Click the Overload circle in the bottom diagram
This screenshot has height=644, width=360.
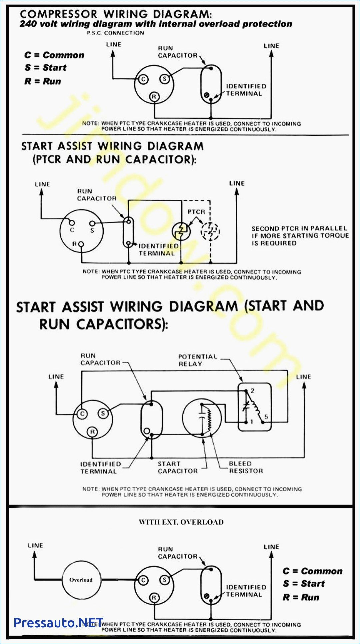pos(81,580)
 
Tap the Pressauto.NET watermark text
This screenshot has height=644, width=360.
pos(59,622)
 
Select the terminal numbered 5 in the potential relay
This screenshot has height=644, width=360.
pos(263,422)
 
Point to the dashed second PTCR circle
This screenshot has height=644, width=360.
pos(210,231)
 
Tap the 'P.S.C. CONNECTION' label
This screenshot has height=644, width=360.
pos(116,33)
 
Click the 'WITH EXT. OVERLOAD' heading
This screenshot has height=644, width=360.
pos(181,522)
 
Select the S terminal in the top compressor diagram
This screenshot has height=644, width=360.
pos(164,79)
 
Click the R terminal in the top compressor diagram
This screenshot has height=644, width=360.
pos(154,97)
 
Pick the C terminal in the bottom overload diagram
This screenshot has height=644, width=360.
pos(143,580)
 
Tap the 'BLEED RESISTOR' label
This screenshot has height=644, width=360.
pos(246,467)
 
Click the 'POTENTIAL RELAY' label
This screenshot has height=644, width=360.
pos(197,360)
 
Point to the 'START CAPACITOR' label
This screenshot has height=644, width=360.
pos(177,467)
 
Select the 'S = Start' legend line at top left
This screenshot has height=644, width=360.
pos(45,68)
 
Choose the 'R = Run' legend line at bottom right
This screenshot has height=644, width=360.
pos(301,597)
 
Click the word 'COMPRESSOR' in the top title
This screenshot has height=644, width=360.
pos(58,14)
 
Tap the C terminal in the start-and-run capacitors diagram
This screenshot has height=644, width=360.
pos(82,414)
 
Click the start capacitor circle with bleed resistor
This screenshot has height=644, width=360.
pos(202,418)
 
